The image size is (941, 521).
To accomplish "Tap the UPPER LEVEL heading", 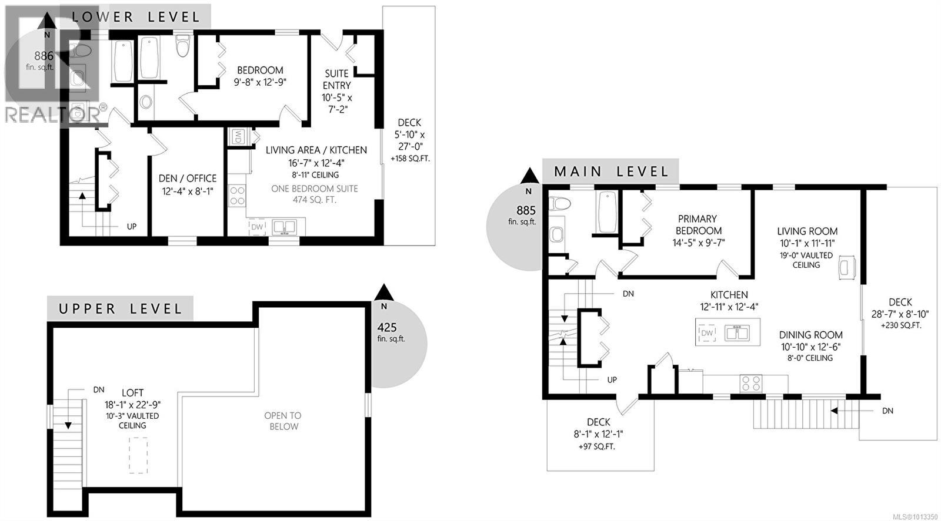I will [120, 308].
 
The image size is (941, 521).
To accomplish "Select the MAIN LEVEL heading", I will [612, 172].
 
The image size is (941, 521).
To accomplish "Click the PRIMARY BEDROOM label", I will [698, 224].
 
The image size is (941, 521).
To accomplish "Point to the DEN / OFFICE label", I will [188, 178].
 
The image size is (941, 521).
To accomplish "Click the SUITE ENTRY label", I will [336, 79].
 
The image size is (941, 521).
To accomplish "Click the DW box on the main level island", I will [707, 333].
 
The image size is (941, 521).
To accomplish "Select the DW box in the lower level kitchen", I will [257, 227].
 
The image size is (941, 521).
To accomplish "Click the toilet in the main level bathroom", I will [560, 204].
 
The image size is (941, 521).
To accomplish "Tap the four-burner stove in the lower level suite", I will [237, 195].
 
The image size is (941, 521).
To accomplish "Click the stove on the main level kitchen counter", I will [750, 384].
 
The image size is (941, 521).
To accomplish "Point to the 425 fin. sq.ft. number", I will [387, 328].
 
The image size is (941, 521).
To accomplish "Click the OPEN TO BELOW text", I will [283, 421].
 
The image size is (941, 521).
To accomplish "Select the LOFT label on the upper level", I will [132, 392].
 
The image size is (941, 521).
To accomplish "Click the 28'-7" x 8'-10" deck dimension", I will [900, 314].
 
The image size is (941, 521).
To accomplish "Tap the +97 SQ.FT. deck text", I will [598, 446].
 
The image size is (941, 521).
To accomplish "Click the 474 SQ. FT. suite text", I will [315, 200].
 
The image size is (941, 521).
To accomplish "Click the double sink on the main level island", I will [736, 333].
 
